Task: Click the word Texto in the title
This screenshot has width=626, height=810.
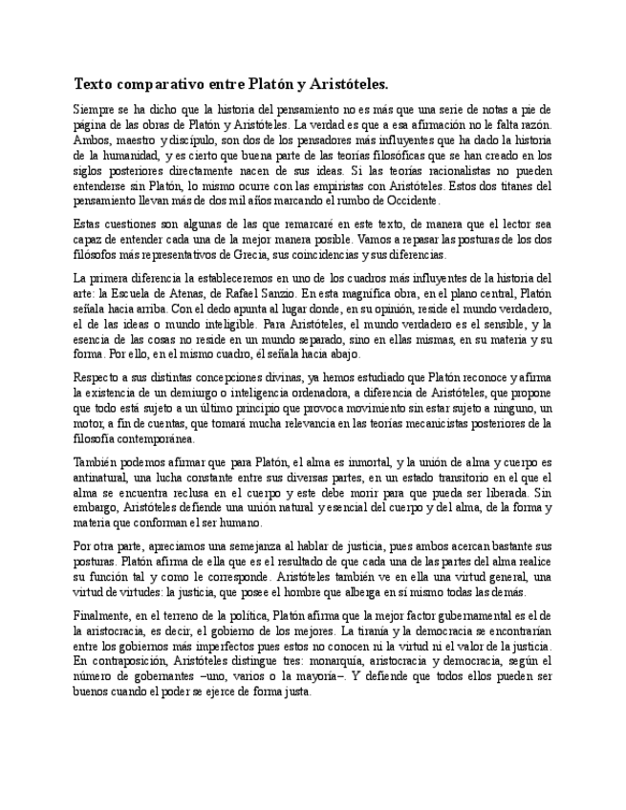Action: click(x=95, y=84)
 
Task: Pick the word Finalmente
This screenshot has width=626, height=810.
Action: click(x=99, y=614)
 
